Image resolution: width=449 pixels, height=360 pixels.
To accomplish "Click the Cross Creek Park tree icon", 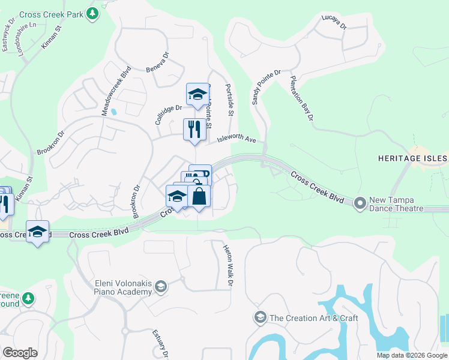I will pyautogui.click(x=92, y=14).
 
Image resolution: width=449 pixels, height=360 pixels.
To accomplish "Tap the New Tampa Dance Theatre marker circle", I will pyautogui.click(x=360, y=203).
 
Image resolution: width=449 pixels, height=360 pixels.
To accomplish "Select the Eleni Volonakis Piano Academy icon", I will pyautogui.click(x=160, y=287).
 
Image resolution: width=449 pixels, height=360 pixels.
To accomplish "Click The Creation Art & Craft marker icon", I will pyautogui.click(x=261, y=317).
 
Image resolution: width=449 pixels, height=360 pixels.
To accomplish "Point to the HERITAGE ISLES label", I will pyautogui.click(x=413, y=158).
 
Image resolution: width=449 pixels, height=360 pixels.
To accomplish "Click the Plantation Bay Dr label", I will pyautogui.click(x=301, y=98).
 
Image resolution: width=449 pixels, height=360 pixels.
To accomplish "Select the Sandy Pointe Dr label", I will pyautogui.click(x=266, y=88).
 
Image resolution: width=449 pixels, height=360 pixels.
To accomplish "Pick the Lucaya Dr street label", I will pyautogui.click(x=334, y=23).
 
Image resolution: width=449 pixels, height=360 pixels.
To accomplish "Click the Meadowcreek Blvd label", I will pyautogui.click(x=116, y=92).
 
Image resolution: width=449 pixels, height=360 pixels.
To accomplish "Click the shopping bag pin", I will pyautogui.click(x=199, y=196).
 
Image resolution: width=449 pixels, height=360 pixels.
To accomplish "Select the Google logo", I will pyautogui.click(x=20, y=353).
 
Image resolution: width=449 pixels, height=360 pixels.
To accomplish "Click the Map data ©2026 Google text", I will pyautogui.click(x=411, y=355).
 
